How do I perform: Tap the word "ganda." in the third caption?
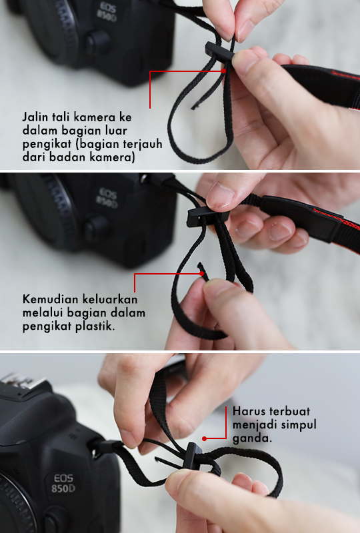[252, 438]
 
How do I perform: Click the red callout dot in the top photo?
[223, 71]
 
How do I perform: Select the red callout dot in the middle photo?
[201, 273]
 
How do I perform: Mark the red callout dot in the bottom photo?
[204, 438]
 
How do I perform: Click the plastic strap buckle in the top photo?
[219, 52]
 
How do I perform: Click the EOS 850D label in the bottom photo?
[63, 484]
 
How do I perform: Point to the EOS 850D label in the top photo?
[107, 11]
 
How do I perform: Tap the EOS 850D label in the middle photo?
[107, 198]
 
